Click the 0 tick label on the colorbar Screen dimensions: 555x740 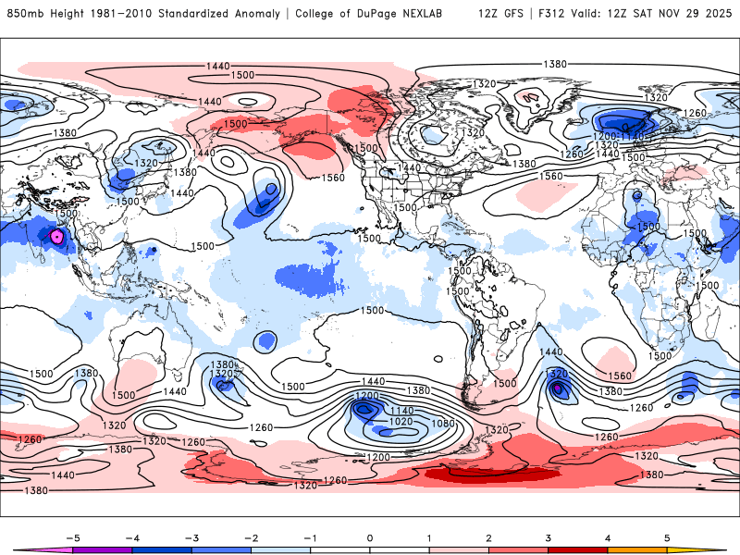click(x=370, y=537)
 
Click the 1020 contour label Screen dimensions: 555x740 click(x=401, y=421)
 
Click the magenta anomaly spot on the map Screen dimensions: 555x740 click(x=57, y=237)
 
